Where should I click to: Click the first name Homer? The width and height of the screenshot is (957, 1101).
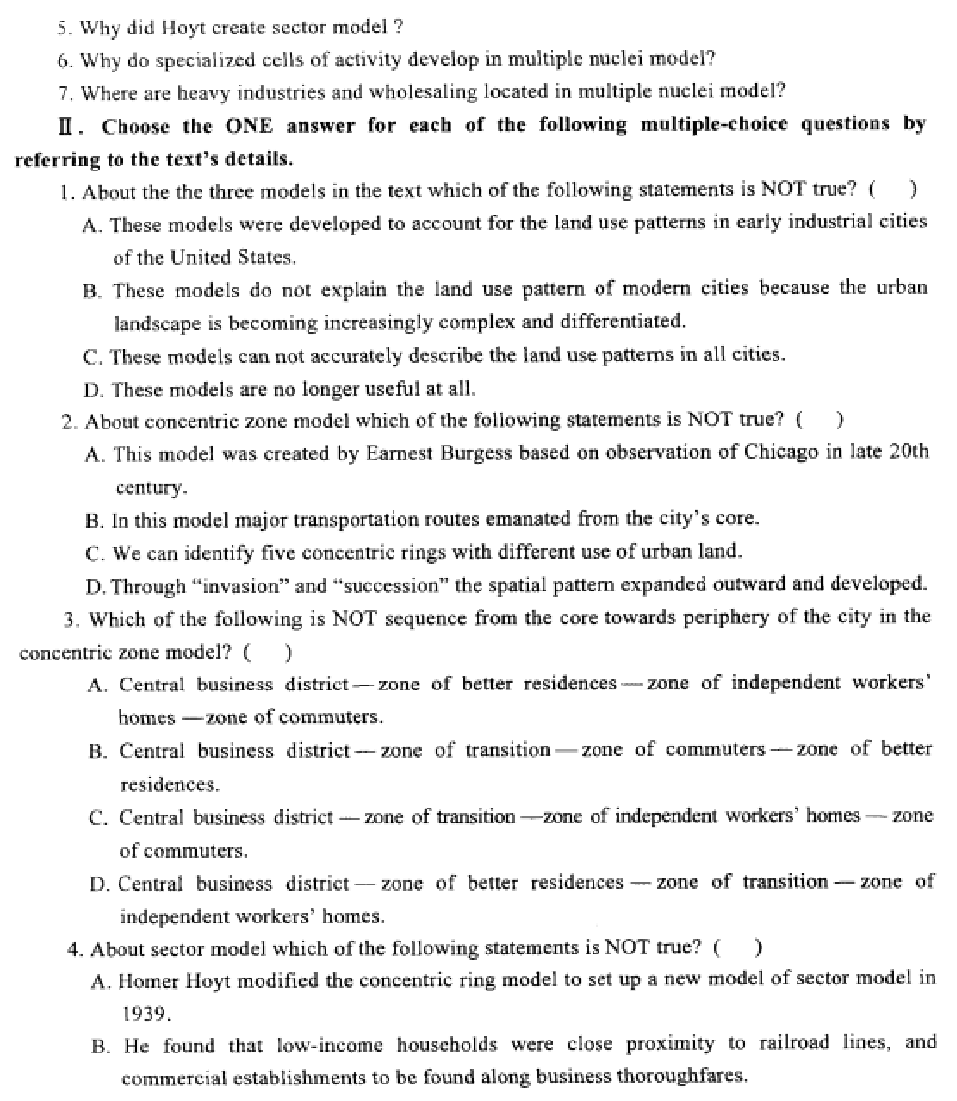pyautogui.click(x=146, y=979)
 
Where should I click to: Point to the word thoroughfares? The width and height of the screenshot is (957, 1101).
pyautogui.click(x=686, y=1076)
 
